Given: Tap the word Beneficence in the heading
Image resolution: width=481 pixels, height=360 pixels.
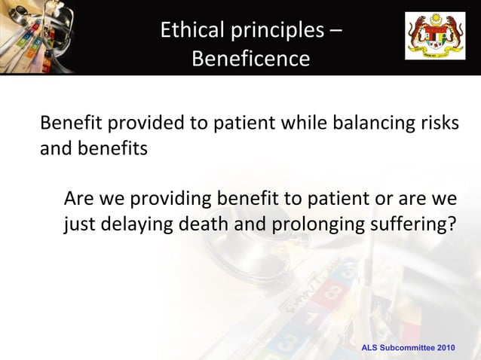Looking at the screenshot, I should point(250,59).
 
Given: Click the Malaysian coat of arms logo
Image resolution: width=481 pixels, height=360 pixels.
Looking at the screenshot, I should point(436,35).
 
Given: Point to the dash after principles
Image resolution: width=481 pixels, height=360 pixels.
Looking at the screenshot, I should point(334,31).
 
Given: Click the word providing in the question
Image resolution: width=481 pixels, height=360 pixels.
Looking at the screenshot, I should point(171,200).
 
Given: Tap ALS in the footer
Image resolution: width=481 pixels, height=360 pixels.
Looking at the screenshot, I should point(370,348).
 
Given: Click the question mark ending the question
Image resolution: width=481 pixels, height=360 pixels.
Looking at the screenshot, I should point(452,224).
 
